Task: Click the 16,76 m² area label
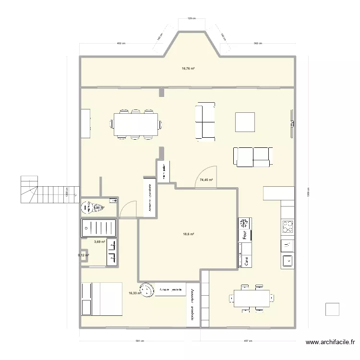(188, 69)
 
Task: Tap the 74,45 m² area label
(206, 180)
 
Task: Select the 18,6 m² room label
(188, 234)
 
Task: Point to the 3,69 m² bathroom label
(100, 242)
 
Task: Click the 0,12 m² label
(84, 255)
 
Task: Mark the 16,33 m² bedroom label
(135, 293)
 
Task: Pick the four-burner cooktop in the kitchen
(288, 227)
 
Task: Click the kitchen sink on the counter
(288, 261)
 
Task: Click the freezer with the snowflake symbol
(244, 223)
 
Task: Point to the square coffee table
(245, 121)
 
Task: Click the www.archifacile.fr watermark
(330, 342)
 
